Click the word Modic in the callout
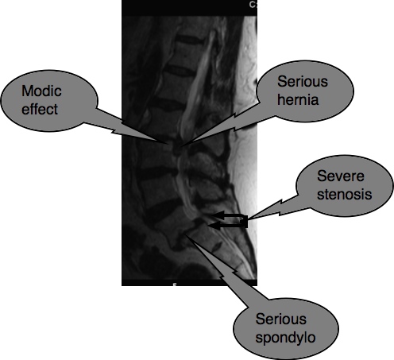pos(41,91)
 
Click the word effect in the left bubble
pos(40,109)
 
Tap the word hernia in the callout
pos(298,99)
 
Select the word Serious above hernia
pos(303,81)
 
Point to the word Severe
pos(341,176)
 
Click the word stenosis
pos(345,194)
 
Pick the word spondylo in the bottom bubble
pos(285,338)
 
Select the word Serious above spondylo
pos(281,319)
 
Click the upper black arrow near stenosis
pos(228,215)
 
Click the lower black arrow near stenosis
pos(226,226)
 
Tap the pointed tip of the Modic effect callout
pos(169,144)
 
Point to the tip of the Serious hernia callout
pos(182,146)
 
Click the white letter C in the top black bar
pos(252,5)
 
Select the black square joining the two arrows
pos(245,222)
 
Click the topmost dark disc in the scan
pos(189,40)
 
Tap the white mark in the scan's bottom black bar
pos(174,285)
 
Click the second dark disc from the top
pos(180,71)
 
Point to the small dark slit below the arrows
pos(217,246)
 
